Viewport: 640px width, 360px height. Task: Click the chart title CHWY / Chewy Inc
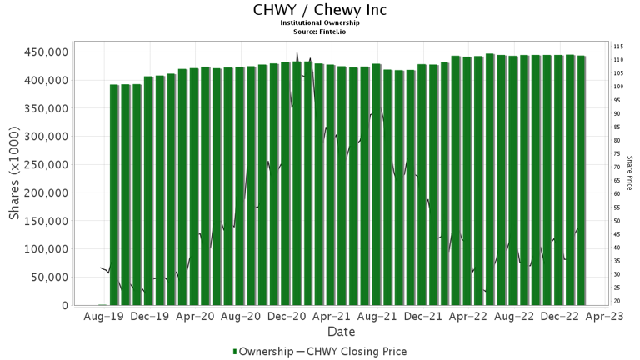point(319,10)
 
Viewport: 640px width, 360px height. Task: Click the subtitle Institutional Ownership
point(319,23)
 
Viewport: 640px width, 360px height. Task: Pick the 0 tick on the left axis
point(64,306)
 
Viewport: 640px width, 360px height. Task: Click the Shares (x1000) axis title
point(14,179)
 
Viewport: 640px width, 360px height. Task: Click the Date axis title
point(341,332)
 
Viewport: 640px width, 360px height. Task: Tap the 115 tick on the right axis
point(619,47)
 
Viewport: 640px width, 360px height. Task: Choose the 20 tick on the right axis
point(617,301)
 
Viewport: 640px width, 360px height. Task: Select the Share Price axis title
point(631,172)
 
